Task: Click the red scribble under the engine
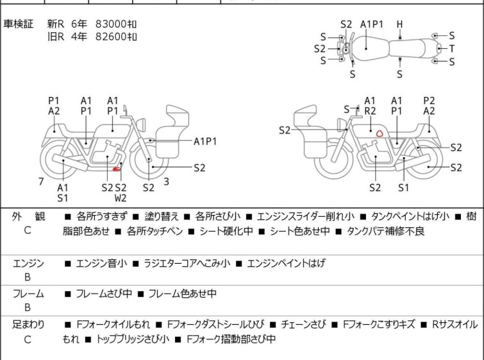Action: [117, 169]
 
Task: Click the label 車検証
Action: [18, 24]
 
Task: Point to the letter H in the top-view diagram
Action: [400, 24]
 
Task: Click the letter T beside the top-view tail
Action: [452, 49]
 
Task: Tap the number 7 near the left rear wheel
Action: [41, 182]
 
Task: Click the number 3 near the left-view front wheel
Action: [167, 182]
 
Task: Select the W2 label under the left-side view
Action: [121, 198]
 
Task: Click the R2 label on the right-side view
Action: [370, 111]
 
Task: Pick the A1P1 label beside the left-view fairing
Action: [205, 142]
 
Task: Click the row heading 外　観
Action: [28, 216]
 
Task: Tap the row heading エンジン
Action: [28, 263]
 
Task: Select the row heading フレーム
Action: [28, 293]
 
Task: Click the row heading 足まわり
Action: [28, 325]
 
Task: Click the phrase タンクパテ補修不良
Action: [385, 231]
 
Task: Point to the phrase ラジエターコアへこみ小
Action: [187, 263]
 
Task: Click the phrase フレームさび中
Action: [104, 293]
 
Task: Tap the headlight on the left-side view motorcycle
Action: [141, 125]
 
